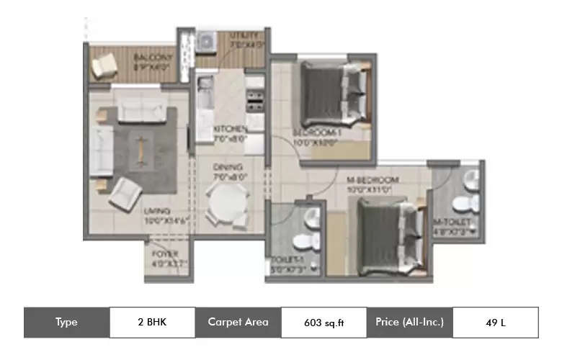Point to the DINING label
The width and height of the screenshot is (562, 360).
click(x=223, y=167)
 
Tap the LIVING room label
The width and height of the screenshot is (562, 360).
click(x=156, y=211)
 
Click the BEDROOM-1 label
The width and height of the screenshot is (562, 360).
click(x=315, y=133)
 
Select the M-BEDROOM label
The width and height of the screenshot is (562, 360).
click(x=373, y=179)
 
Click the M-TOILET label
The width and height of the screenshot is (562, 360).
click(x=452, y=222)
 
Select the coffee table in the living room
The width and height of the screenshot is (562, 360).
click(x=140, y=149)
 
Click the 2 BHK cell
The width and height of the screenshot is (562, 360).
click(x=152, y=323)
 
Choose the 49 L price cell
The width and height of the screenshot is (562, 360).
click(x=495, y=323)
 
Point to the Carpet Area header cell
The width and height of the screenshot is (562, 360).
click(x=238, y=323)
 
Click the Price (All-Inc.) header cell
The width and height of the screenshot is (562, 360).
click(x=409, y=323)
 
